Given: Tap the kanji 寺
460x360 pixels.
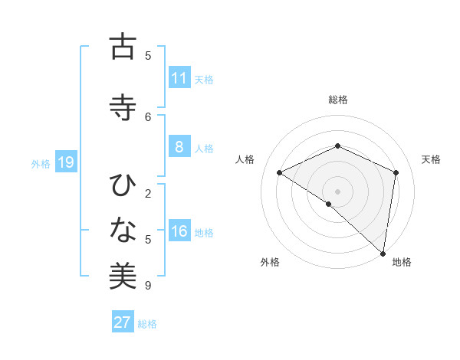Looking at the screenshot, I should tap(123, 106).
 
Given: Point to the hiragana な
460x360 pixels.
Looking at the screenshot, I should tap(123, 229).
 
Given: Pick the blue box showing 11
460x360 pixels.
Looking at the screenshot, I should tap(179, 78).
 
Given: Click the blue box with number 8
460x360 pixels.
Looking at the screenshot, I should tap(179, 148).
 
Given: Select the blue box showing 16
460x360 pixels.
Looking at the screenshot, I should tap(179, 232).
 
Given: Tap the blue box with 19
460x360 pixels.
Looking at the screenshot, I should tap(66, 162).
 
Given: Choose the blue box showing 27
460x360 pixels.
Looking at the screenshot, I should tap(123, 322).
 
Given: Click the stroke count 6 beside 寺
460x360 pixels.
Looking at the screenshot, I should tap(148, 116).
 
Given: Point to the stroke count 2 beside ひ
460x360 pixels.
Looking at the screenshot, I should tap(148, 193).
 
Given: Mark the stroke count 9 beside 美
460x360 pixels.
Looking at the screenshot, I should tap(148, 286).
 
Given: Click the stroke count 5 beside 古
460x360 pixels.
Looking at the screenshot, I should tap(148, 55).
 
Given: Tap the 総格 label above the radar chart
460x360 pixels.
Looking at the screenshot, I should tap(337, 100).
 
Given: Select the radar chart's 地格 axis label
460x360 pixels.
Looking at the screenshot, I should tap(402, 262).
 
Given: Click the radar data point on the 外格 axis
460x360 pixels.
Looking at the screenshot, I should tap(329, 204).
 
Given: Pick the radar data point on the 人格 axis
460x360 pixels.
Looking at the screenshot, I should tap(280, 173).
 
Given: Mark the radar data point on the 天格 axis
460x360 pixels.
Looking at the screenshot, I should tap(396, 173).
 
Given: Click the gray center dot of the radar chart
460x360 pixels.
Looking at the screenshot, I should tap(337, 191).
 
